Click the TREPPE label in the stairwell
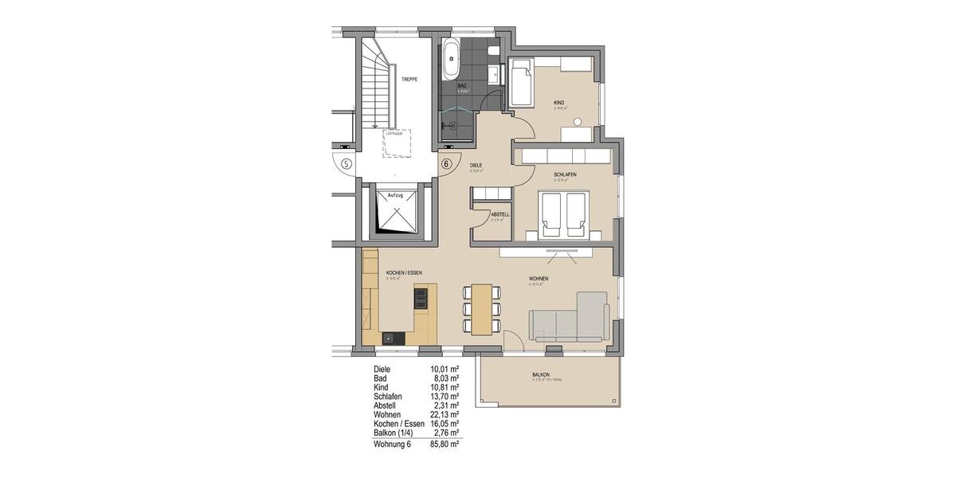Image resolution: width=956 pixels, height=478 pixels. tap(409, 80)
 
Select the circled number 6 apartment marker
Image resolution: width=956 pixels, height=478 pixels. tap(446, 164)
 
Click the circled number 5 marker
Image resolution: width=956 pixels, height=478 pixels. tap(346, 164)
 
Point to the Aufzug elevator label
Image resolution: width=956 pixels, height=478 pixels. tap(395, 194)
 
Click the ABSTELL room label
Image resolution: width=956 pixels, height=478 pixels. tap(500, 214)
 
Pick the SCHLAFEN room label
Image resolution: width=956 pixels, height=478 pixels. tap(565, 174)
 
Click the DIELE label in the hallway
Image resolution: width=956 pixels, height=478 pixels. tap(477, 165)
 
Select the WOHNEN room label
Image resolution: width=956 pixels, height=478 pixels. tap(539, 278)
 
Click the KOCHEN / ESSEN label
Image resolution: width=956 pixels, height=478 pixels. tap(398, 272)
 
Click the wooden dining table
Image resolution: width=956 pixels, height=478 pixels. tap(480, 308)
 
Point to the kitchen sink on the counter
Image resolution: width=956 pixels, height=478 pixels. tap(390, 337)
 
